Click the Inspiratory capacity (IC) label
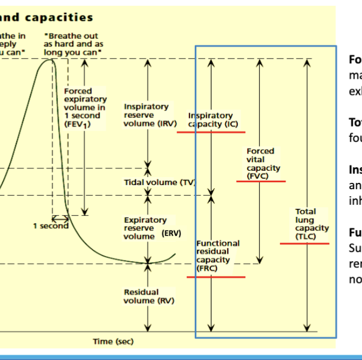pos(210,120)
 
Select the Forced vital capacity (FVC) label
pos(260,163)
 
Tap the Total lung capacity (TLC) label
pos(305,224)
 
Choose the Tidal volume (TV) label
pos(159,182)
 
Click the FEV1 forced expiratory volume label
pos(84,107)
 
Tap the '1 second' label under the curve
pos(50,226)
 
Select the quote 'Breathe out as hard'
pos(71,44)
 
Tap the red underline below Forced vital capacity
pos(261,181)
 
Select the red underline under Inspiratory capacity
pos(210,132)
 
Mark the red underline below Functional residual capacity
pos(216,277)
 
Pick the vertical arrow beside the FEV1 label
pos(84,138)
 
